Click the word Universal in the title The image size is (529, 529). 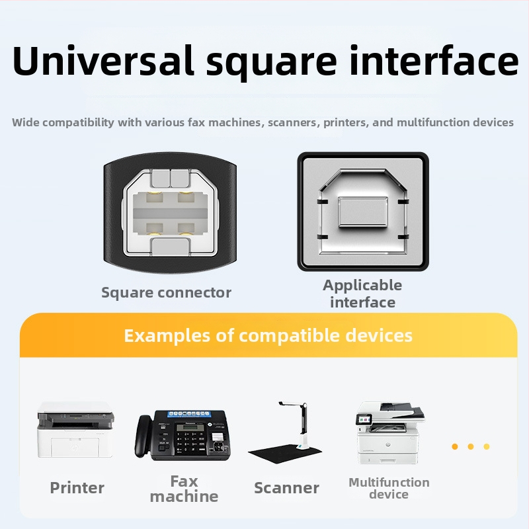[x=103, y=60]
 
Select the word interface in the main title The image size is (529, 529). [x=434, y=60]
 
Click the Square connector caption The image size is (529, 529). [x=167, y=292]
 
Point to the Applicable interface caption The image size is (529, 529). [x=362, y=294]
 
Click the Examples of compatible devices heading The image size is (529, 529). [x=268, y=335]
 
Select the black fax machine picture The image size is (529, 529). [x=183, y=435]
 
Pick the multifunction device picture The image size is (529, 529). [x=390, y=432]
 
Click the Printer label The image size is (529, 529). [x=77, y=488]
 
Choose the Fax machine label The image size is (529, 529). [x=184, y=489]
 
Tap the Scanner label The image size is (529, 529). [x=286, y=488]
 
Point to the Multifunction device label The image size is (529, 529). [x=389, y=488]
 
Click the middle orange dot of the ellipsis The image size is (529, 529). [x=471, y=447]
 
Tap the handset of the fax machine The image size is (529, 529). [x=143, y=436]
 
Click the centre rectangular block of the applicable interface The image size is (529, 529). [x=362, y=212]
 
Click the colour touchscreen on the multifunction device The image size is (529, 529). [x=363, y=419]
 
